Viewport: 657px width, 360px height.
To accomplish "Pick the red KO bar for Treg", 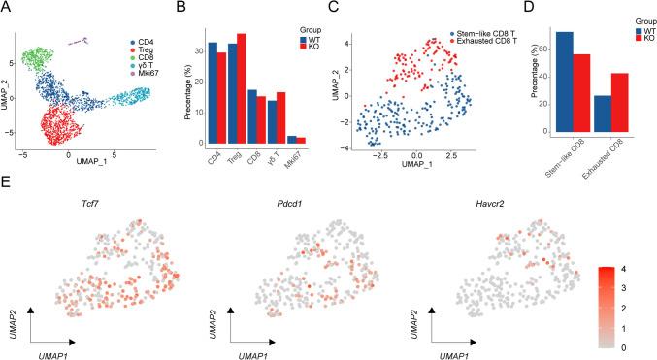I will [x=242, y=89].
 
